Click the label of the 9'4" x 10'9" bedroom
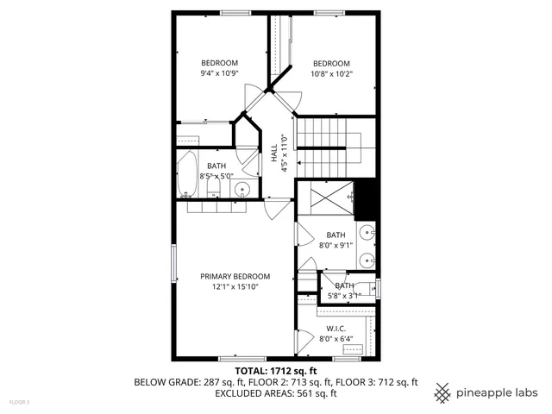tap(219, 63)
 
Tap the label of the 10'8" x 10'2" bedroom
tap(331, 63)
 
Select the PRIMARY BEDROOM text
tap(229, 276)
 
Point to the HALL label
tap(274, 152)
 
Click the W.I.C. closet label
tap(336, 329)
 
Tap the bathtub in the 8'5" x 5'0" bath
tap(187, 175)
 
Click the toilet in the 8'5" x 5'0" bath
tap(214, 187)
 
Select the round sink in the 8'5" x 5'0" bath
tap(243, 190)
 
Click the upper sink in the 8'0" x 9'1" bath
tap(368, 231)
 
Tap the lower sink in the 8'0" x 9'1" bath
tap(368, 259)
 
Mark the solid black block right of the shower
tap(367, 199)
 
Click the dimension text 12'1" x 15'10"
tap(229, 286)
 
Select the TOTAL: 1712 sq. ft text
tap(276, 371)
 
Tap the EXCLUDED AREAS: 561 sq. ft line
tap(276, 393)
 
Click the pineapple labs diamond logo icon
tap(442, 391)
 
